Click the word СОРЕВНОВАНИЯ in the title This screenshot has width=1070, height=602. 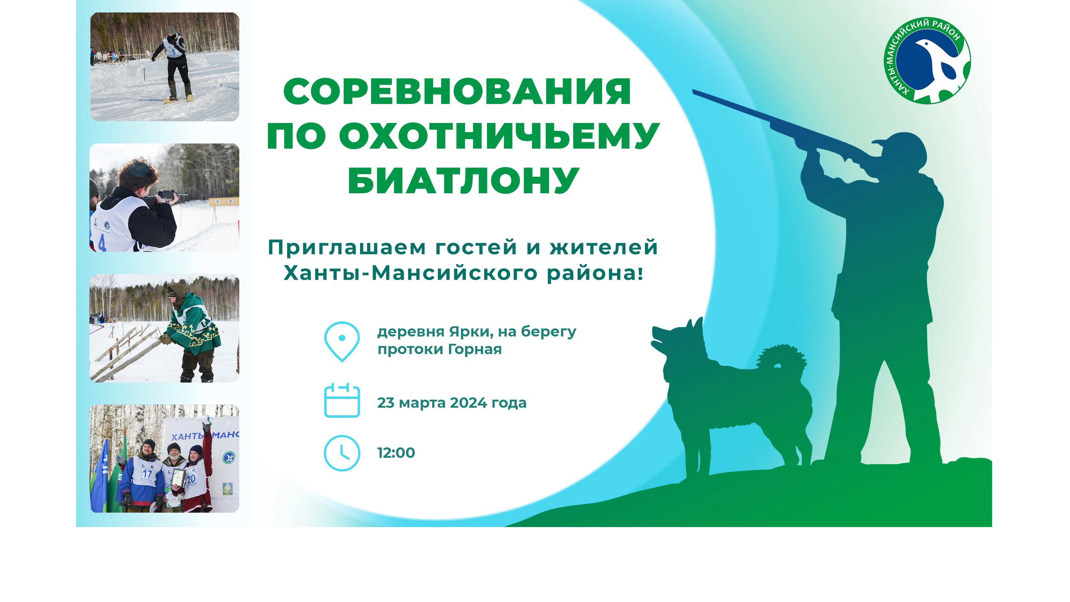[457, 92]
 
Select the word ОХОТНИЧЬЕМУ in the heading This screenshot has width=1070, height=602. [499, 136]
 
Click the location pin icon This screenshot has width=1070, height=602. [342, 341]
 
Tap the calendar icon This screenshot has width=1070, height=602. [342, 400]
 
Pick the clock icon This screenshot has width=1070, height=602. [342, 453]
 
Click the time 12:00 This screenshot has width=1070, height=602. [396, 453]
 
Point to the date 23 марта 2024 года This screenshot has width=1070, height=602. [451, 403]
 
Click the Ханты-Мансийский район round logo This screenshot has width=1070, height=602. [927, 61]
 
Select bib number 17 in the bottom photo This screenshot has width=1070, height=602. [147, 474]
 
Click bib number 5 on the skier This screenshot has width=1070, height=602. [173, 52]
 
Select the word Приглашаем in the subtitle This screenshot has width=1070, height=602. [347, 248]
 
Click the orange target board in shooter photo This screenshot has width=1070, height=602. [223, 202]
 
